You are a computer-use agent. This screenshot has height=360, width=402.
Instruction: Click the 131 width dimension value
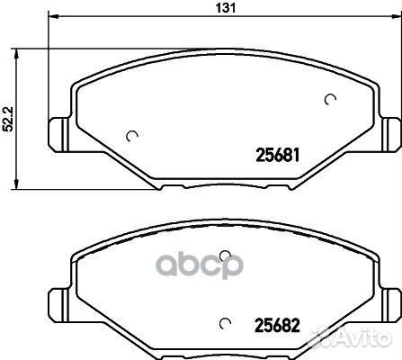pos(226,8)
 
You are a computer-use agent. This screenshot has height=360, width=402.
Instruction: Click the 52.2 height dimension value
pos(8,119)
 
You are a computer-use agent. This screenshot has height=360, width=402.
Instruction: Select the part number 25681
pos(277,156)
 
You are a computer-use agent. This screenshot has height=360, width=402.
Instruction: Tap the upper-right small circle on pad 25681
pos(330,99)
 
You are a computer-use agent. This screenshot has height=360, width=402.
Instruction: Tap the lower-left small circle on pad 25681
pos(131,136)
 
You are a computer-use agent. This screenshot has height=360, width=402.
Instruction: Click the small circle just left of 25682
pos(225,323)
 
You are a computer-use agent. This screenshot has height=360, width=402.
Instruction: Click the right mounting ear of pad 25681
pos(390,134)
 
